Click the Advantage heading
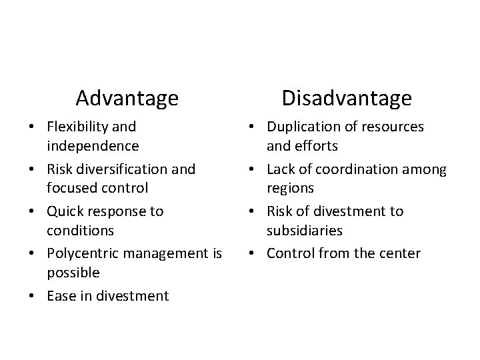pos(127,99)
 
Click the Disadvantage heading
pos(346,99)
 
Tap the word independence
pos(92,145)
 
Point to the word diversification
pos(123,169)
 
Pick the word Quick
pos(65,211)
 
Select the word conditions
pos(81,231)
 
